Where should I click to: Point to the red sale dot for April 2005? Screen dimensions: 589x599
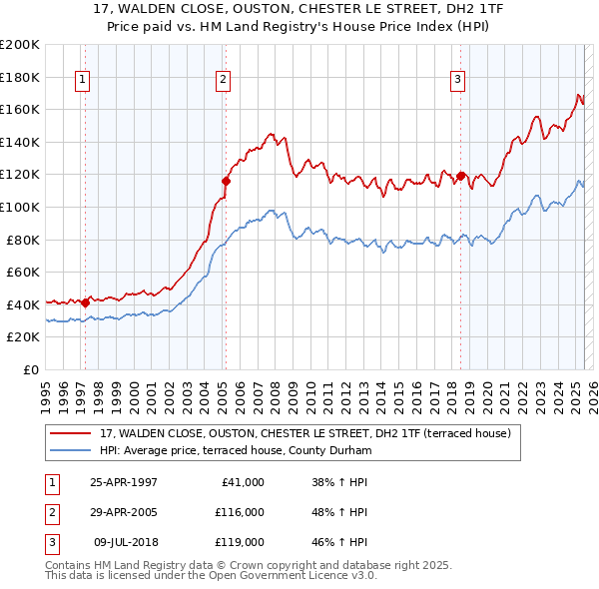tap(226, 181)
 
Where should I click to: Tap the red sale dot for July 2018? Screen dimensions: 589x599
tap(460, 176)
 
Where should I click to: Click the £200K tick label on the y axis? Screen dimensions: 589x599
tap(20, 45)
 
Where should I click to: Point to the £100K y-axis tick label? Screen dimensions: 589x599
tap(20, 207)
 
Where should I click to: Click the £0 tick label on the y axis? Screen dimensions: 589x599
tap(32, 369)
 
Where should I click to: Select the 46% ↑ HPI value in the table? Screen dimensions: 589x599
tap(339, 544)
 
